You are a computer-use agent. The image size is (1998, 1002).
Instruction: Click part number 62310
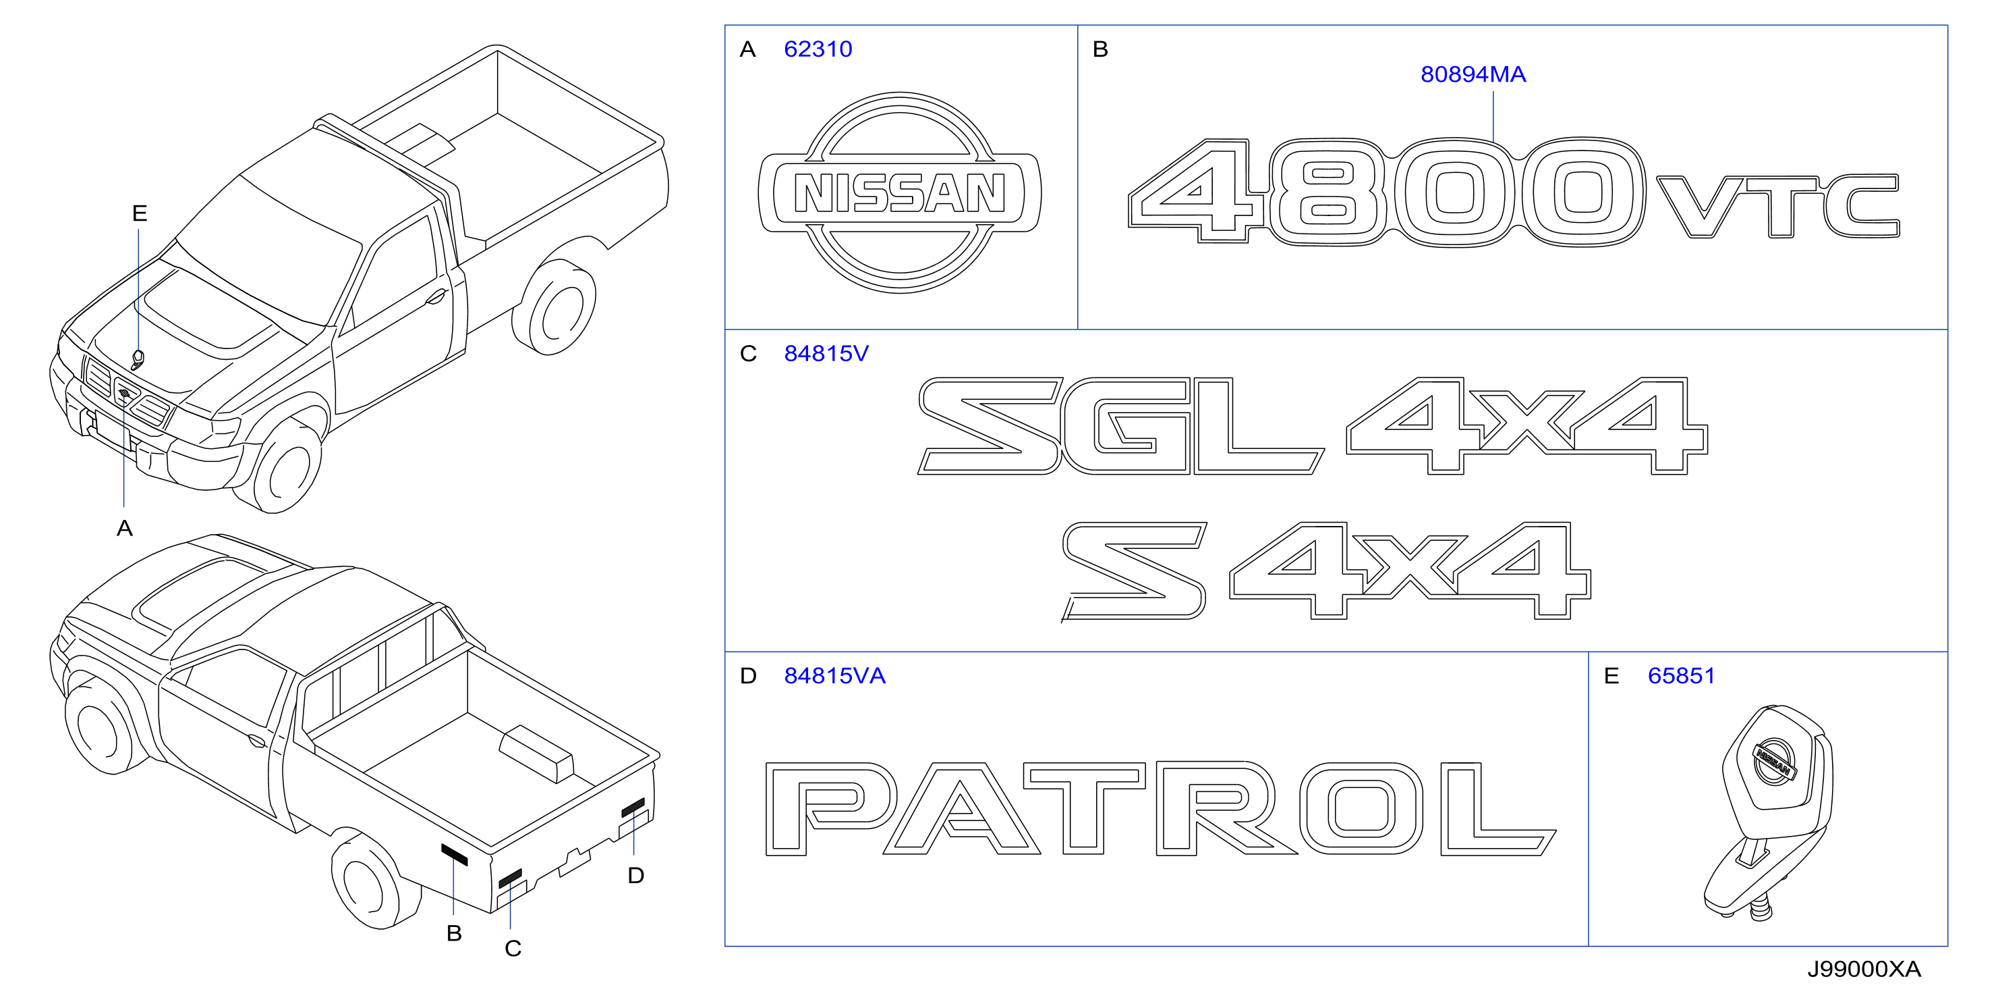click(x=818, y=49)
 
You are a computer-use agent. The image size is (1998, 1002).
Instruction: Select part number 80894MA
click(x=1473, y=74)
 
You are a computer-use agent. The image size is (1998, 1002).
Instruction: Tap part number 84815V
click(x=826, y=354)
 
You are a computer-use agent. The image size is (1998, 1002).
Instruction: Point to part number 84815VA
click(x=834, y=676)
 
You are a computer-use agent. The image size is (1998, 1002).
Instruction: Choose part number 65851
click(x=1681, y=676)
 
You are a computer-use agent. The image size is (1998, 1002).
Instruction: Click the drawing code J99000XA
click(x=1864, y=970)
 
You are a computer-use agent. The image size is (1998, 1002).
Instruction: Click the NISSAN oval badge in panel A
click(x=900, y=192)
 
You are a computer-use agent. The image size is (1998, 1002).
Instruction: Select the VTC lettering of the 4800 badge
click(x=1777, y=207)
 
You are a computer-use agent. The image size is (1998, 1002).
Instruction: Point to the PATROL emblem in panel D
click(x=1160, y=808)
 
